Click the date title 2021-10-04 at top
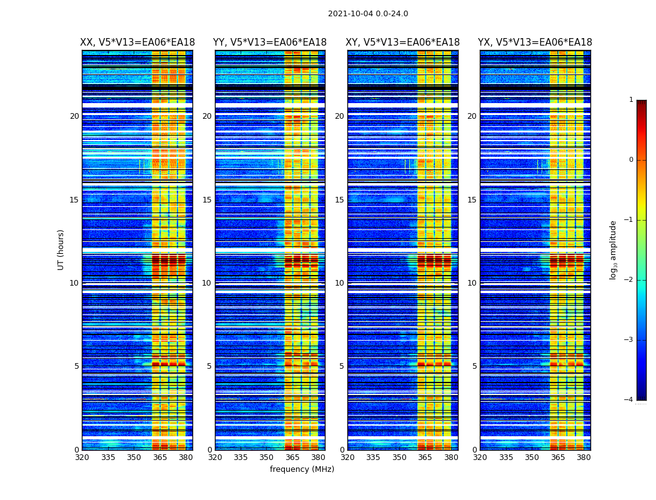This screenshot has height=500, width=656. (368, 14)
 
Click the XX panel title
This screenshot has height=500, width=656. (137, 42)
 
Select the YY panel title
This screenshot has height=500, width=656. (270, 42)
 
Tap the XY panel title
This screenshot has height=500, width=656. (403, 42)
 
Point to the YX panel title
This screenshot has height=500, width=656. (535, 42)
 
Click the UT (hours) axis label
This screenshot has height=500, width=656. (61, 249)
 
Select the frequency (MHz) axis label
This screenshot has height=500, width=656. (302, 469)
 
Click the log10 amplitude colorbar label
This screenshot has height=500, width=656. (614, 250)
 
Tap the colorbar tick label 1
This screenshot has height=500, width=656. (631, 100)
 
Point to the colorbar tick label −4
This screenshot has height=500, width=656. (629, 400)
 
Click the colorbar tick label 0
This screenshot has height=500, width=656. (631, 160)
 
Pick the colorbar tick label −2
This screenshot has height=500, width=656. (629, 280)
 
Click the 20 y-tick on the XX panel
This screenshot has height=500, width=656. (74, 116)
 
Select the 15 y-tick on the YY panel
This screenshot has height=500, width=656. (207, 200)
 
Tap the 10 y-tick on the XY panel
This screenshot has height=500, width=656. (339, 283)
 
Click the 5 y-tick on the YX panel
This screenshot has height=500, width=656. (474, 366)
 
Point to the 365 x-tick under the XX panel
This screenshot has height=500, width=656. (160, 457)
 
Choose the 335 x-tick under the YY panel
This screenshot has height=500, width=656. (241, 457)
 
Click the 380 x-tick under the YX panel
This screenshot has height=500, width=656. (584, 457)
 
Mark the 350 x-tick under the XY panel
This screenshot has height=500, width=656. (399, 457)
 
